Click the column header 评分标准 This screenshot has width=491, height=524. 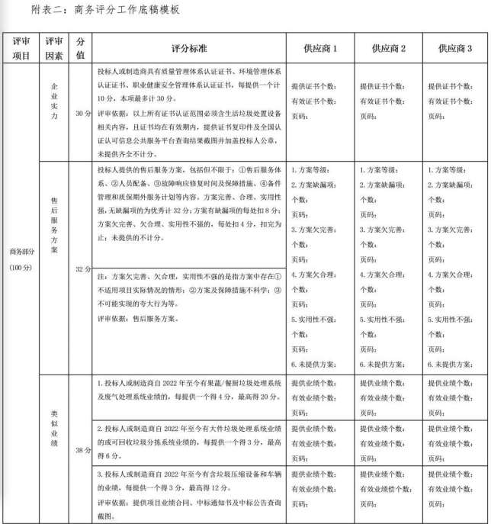[189, 48]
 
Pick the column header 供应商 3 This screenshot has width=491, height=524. [455, 48]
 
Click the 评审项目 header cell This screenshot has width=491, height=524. [21, 48]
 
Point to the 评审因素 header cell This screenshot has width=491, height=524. [54, 48]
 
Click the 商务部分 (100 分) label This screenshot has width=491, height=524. [22, 259]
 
